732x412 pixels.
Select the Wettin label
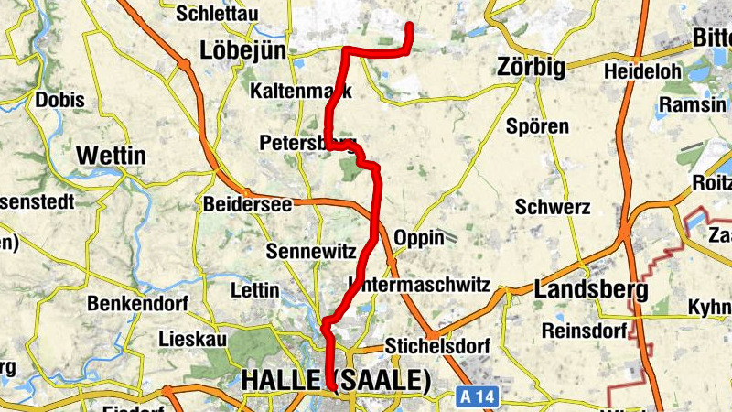(x=111, y=156)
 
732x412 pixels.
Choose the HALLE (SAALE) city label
(x=336, y=380)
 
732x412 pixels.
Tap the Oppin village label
(x=418, y=238)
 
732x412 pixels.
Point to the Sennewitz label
(x=307, y=250)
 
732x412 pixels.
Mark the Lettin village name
(x=255, y=290)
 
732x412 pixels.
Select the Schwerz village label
(x=553, y=207)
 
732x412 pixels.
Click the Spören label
(x=537, y=126)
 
